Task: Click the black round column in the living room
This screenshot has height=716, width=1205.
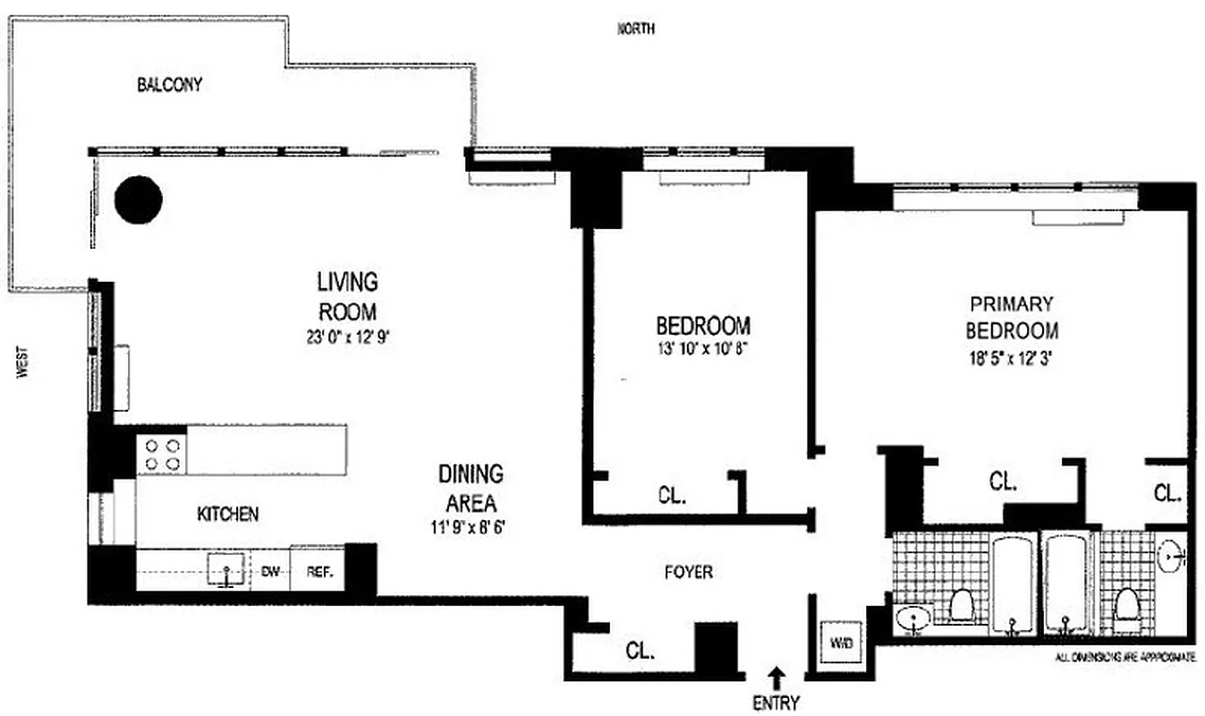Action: [x=139, y=200]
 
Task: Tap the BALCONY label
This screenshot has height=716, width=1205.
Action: [x=169, y=86]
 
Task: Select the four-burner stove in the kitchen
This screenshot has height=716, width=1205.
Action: [x=162, y=454]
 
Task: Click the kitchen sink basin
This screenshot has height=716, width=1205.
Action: [x=225, y=569]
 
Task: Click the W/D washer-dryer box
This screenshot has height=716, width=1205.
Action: [x=840, y=641]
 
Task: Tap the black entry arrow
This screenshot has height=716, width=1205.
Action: [x=776, y=677]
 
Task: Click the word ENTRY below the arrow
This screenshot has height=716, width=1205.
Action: [x=776, y=703]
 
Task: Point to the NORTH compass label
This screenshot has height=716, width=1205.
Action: [x=636, y=30]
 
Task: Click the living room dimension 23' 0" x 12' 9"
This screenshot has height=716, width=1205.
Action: [x=347, y=338]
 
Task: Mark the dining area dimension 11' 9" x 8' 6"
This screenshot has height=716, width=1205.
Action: [x=471, y=527]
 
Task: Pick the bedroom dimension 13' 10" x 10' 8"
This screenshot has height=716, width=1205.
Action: [x=702, y=350]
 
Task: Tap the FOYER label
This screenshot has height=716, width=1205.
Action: [x=689, y=571]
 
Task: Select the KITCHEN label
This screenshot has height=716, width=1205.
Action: [x=228, y=514]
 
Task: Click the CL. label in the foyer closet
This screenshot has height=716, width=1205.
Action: [x=641, y=652]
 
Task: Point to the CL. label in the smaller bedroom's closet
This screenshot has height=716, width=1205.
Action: [x=672, y=494]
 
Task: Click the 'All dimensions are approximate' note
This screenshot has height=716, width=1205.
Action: [x=1125, y=658]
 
